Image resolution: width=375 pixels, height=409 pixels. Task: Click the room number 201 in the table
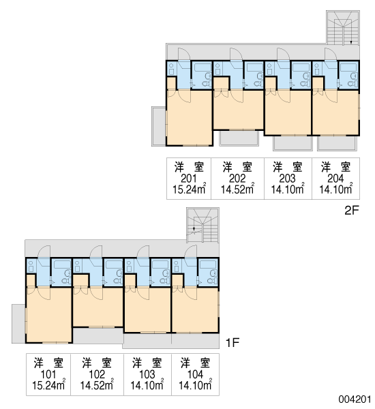point(188,179)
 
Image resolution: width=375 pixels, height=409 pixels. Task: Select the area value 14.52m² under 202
point(237,189)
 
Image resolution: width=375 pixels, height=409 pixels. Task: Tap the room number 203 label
point(288,179)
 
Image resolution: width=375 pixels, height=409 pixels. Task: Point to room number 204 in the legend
point(335,179)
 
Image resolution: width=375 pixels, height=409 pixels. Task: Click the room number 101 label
point(48,374)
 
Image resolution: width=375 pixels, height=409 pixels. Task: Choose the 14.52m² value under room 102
point(97,384)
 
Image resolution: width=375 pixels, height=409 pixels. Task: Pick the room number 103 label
point(147,374)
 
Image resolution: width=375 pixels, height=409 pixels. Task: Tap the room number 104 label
point(195,374)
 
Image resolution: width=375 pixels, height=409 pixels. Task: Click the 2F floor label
point(352,210)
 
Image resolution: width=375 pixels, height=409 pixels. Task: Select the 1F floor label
point(232,343)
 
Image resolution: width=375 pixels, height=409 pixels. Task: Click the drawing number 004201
point(355,399)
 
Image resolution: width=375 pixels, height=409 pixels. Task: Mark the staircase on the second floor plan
point(343,28)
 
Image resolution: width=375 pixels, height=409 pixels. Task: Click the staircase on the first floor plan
point(202,225)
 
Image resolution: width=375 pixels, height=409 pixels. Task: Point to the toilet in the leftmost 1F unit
point(66,281)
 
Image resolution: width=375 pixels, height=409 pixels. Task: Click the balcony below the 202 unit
point(239,138)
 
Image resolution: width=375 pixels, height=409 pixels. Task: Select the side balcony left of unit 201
point(159,126)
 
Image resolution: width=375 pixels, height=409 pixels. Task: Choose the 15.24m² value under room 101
point(48,384)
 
